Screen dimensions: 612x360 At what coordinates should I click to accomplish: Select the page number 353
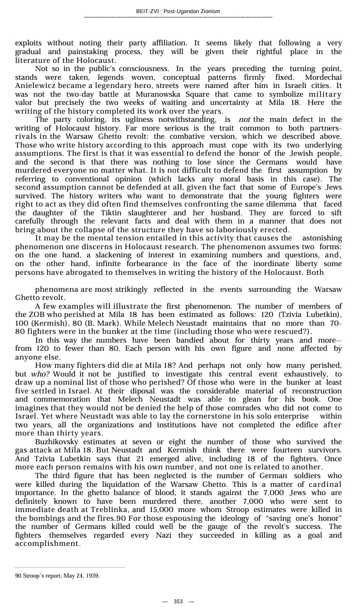click(178, 602)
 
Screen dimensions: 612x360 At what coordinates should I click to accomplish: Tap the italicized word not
click(245, 120)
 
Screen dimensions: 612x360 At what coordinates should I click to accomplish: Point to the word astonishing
click(322, 239)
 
